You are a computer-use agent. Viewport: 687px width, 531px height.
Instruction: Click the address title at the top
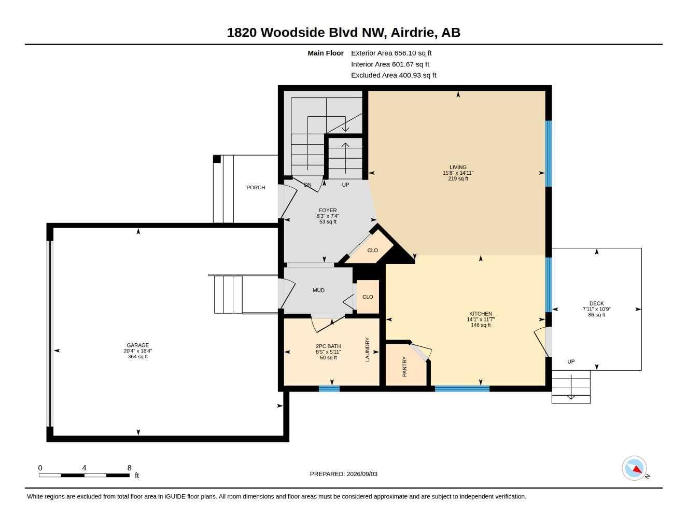coord(343,33)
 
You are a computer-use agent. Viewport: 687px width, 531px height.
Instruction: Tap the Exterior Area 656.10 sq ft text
coord(391,53)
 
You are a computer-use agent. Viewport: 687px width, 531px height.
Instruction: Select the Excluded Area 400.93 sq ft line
coord(394,75)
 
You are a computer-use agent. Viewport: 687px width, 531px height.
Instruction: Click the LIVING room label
coord(458,167)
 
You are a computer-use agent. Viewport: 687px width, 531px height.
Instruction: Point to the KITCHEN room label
coord(481,314)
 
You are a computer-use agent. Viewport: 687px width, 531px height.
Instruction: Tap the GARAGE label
coord(138,345)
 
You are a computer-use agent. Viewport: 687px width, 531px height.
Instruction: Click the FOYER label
coord(328,210)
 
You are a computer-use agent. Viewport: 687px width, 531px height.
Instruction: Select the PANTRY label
coord(404,366)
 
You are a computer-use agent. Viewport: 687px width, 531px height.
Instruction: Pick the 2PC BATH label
coord(328,346)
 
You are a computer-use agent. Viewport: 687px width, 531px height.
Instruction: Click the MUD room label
coord(318,290)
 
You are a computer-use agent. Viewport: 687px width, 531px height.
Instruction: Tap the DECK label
coord(596,303)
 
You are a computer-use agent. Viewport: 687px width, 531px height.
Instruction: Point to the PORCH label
coord(256,187)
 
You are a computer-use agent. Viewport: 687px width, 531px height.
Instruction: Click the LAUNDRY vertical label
coord(367,350)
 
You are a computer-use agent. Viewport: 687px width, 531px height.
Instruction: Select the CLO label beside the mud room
coord(368,297)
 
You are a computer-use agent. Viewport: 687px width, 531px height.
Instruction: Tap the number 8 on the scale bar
coord(129,468)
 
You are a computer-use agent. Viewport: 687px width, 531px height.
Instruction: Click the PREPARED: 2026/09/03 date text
coord(344,474)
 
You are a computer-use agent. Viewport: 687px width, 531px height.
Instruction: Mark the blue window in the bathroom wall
coord(329,389)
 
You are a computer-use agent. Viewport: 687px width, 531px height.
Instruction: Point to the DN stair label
coord(307,185)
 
